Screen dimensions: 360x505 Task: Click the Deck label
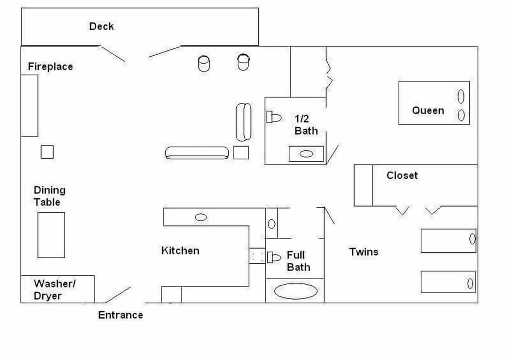point(101,26)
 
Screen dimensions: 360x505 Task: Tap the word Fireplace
point(50,67)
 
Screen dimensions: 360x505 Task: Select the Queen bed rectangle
point(434,103)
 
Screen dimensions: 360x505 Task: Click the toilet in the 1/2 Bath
point(274,117)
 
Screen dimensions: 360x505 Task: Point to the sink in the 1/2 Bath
point(306,155)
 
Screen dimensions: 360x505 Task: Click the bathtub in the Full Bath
point(296,291)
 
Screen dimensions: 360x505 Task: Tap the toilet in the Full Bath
point(275,257)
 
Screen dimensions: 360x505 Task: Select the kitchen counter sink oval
point(200,217)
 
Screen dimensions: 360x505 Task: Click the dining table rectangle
point(51,235)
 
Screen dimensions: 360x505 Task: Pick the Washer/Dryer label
point(55,290)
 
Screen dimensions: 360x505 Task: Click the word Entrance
point(120,315)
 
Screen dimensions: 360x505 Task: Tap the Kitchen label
point(180,251)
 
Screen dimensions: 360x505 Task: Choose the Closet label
point(402,176)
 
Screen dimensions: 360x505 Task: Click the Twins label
point(363,252)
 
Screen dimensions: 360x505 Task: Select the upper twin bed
point(448,240)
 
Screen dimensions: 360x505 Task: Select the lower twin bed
point(448,282)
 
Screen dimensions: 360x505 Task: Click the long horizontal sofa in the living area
point(197,153)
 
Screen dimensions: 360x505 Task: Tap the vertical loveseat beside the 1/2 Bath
point(243,122)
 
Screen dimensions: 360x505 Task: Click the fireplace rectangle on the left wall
point(29,106)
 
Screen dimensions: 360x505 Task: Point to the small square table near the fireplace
point(47,152)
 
